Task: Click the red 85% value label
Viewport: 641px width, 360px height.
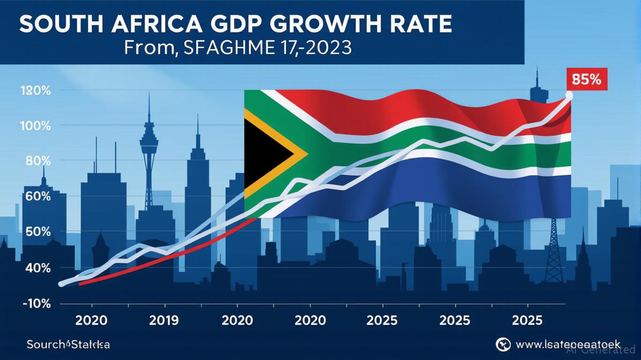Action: click(587, 79)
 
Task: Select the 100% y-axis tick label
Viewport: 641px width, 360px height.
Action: click(36, 126)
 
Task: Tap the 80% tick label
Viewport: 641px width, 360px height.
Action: click(37, 161)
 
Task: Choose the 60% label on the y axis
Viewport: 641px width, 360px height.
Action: click(37, 196)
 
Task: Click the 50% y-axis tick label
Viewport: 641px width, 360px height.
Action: click(37, 232)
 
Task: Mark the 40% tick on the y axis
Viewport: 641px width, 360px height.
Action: click(37, 268)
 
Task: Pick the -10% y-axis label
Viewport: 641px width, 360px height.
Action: click(36, 303)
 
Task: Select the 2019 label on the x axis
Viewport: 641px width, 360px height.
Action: click(164, 321)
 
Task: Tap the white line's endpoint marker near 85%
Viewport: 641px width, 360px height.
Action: click(569, 95)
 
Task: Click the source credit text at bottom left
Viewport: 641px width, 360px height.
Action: click(68, 345)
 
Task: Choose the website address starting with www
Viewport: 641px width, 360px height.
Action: click(567, 344)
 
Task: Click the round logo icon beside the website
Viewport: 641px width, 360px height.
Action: click(503, 344)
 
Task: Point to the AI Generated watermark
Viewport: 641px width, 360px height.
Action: click(601, 349)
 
